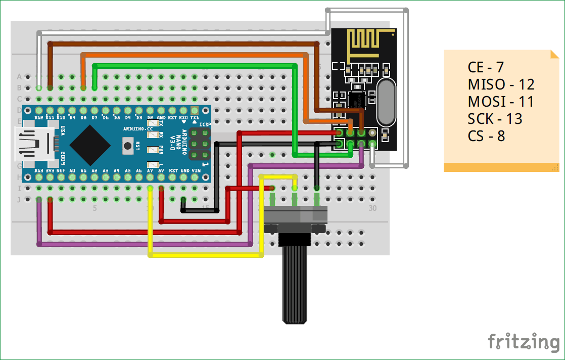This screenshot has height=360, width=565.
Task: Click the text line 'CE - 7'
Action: pyautogui.click(x=486, y=67)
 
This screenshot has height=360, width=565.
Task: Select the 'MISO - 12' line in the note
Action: pyautogui.click(x=501, y=84)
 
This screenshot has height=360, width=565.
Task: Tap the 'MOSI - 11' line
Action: pyautogui.click(x=501, y=101)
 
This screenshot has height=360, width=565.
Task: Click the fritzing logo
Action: pyautogui.click(x=524, y=342)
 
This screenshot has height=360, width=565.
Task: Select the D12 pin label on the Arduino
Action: pyautogui.click(x=39, y=117)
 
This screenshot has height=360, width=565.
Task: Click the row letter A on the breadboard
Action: pyautogui.click(x=20, y=77)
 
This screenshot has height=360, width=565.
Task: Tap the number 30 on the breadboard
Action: pyautogui.click(x=372, y=208)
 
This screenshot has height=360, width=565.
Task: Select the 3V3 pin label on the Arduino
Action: pyautogui.click(x=50, y=171)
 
